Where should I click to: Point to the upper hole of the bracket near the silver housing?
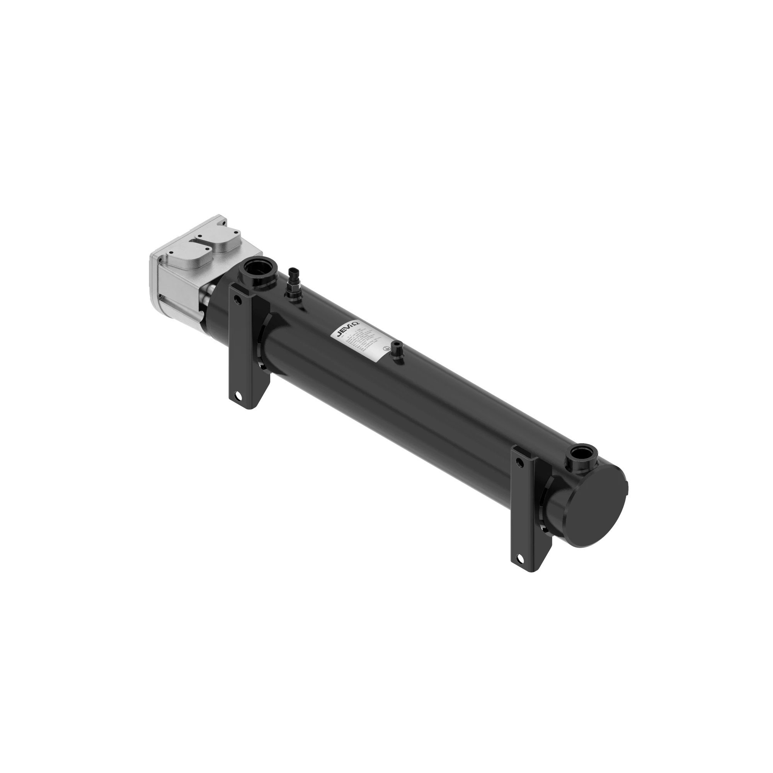(238, 299)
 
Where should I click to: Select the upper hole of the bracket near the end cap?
(519, 463)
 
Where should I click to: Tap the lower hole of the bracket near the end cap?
(520, 558)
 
